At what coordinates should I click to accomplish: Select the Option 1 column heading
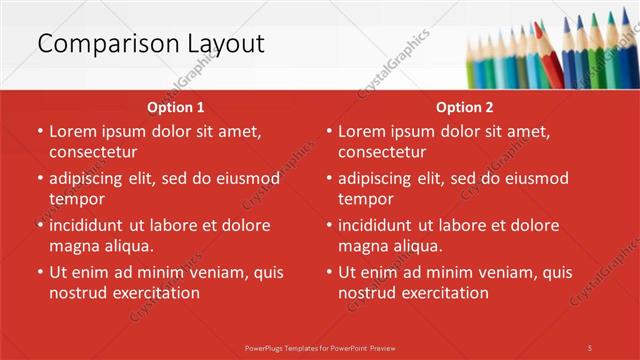click(175, 107)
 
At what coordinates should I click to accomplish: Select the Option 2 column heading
click(464, 107)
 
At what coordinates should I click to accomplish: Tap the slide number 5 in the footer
click(590, 347)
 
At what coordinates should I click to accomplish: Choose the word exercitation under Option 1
click(154, 293)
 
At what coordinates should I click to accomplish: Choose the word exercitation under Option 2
click(443, 293)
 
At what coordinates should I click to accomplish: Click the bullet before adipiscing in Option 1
click(39, 179)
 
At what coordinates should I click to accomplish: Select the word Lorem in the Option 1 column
click(72, 131)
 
